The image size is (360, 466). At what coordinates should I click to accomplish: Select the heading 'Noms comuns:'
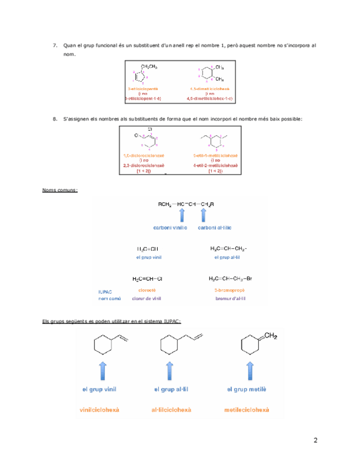[60, 190]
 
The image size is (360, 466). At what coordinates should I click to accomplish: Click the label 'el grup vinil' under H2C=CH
[148, 257]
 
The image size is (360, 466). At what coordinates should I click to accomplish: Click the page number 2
[315, 440]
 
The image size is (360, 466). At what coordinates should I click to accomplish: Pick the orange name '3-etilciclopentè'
[143, 88]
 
